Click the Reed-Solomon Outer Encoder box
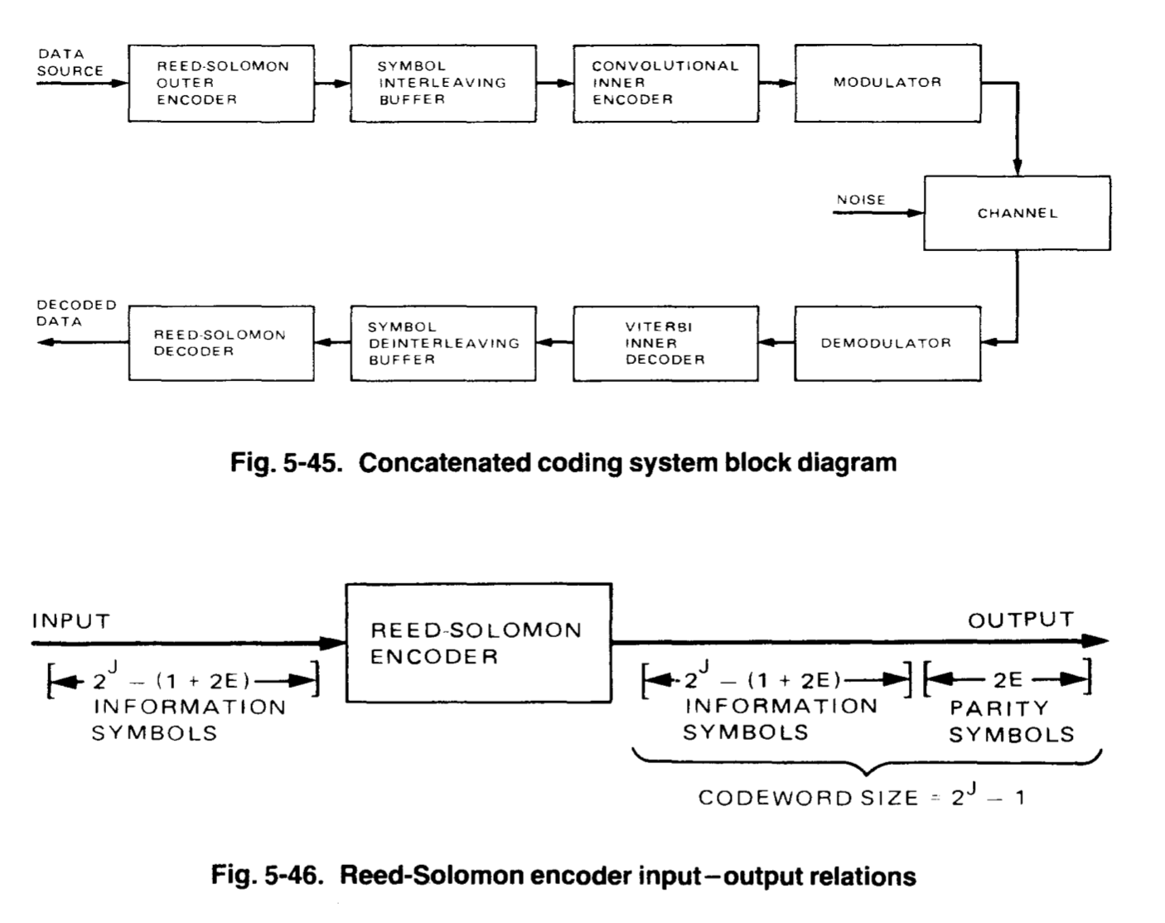point(221,83)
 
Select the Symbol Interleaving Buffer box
point(442,83)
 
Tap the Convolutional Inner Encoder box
point(665,83)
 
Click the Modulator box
point(887,83)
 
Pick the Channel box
point(1017,213)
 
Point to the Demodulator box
point(887,343)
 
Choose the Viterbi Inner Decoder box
point(665,343)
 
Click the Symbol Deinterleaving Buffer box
point(442,343)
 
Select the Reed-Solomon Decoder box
point(221,343)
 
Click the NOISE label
point(861,200)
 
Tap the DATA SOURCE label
point(69,63)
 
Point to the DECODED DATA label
point(75,313)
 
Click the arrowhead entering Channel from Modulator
point(1018,168)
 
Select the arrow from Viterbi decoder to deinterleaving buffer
point(553,342)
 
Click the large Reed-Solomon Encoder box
point(478,643)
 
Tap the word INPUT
point(70,621)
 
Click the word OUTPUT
point(1021,620)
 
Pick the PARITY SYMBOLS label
point(1011,722)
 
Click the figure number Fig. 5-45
point(286,462)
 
